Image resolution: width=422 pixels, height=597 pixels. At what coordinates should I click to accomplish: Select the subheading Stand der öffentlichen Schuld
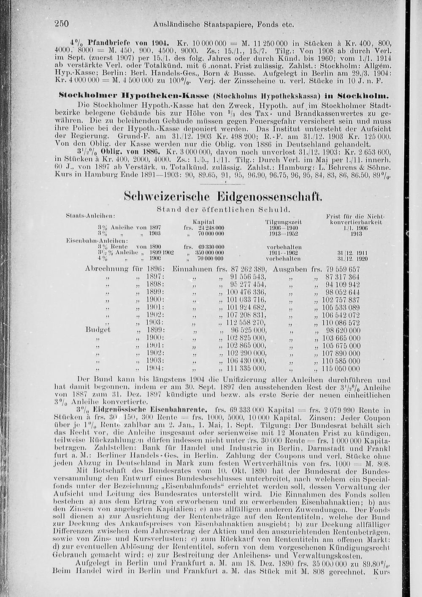coord(223,209)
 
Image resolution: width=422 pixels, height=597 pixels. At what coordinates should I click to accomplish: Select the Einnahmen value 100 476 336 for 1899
coord(246,292)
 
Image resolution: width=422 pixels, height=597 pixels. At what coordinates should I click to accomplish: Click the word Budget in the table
coord(98,330)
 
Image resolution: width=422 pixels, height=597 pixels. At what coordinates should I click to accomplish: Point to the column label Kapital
coord(203,222)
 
